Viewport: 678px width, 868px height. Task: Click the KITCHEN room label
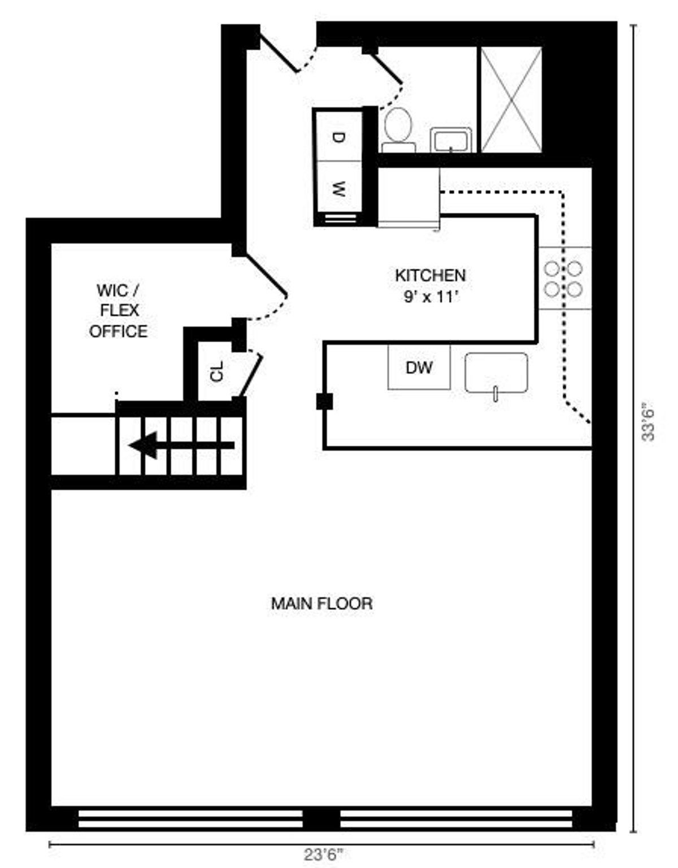click(x=431, y=276)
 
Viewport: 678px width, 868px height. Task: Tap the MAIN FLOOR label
click(x=321, y=604)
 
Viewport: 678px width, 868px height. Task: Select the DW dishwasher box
click(x=419, y=367)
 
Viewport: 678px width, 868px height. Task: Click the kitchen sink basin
click(x=496, y=373)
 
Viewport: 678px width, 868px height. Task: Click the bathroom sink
click(x=451, y=140)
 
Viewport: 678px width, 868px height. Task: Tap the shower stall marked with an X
click(x=511, y=100)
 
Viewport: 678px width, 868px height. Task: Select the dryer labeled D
click(x=339, y=137)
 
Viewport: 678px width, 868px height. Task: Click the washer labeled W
click(x=339, y=187)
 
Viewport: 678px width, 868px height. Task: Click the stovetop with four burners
click(x=564, y=278)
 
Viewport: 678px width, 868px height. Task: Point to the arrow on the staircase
click(x=182, y=446)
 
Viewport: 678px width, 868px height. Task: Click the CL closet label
click(x=217, y=372)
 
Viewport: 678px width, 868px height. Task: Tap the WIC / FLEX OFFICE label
click(x=118, y=311)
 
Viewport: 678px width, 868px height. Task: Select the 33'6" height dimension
click(x=648, y=424)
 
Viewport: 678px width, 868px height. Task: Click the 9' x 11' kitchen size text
click(x=431, y=297)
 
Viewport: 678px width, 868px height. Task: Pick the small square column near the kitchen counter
click(x=324, y=401)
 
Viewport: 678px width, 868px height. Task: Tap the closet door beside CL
click(x=250, y=376)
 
